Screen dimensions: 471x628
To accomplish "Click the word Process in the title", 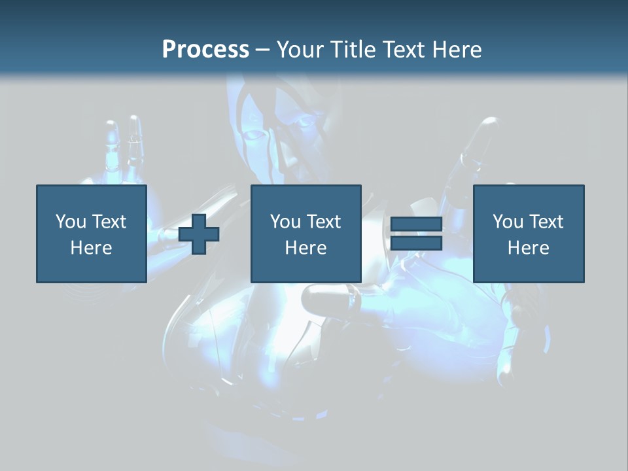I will click(x=205, y=50).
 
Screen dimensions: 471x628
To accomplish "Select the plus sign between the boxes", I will click(x=199, y=234).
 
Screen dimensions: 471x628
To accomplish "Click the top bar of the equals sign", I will click(x=416, y=224).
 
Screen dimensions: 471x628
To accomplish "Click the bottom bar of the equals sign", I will click(x=416, y=243).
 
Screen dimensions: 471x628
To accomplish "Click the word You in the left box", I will click(x=71, y=222).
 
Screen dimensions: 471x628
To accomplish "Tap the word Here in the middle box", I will click(x=305, y=248).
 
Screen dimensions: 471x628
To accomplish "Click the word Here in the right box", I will click(x=528, y=248).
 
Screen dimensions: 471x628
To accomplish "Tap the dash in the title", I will click(x=263, y=50).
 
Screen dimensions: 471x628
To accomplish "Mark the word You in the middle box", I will click(x=285, y=222).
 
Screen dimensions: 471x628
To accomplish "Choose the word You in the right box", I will click(x=508, y=222).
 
